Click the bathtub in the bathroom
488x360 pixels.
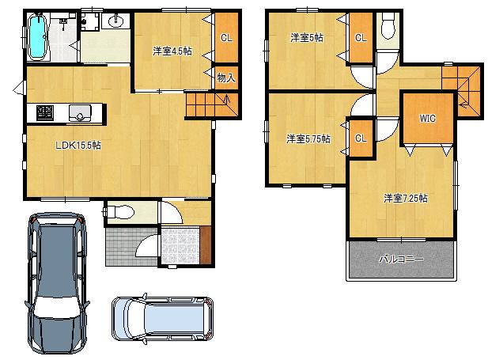tap(37, 38)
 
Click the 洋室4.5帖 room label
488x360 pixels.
tap(172, 51)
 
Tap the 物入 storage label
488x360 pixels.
tap(225, 78)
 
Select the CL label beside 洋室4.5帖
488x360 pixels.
tap(225, 37)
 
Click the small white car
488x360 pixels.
tap(162, 319)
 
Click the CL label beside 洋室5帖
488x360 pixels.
tap(361, 37)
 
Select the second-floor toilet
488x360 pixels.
tap(387, 27)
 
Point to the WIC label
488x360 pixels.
tap(427, 119)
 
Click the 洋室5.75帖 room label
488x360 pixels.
tap(308, 138)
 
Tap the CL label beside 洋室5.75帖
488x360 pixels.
tap(361, 138)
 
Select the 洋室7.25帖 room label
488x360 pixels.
tap(406, 198)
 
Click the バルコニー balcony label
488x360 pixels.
tap(401, 260)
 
